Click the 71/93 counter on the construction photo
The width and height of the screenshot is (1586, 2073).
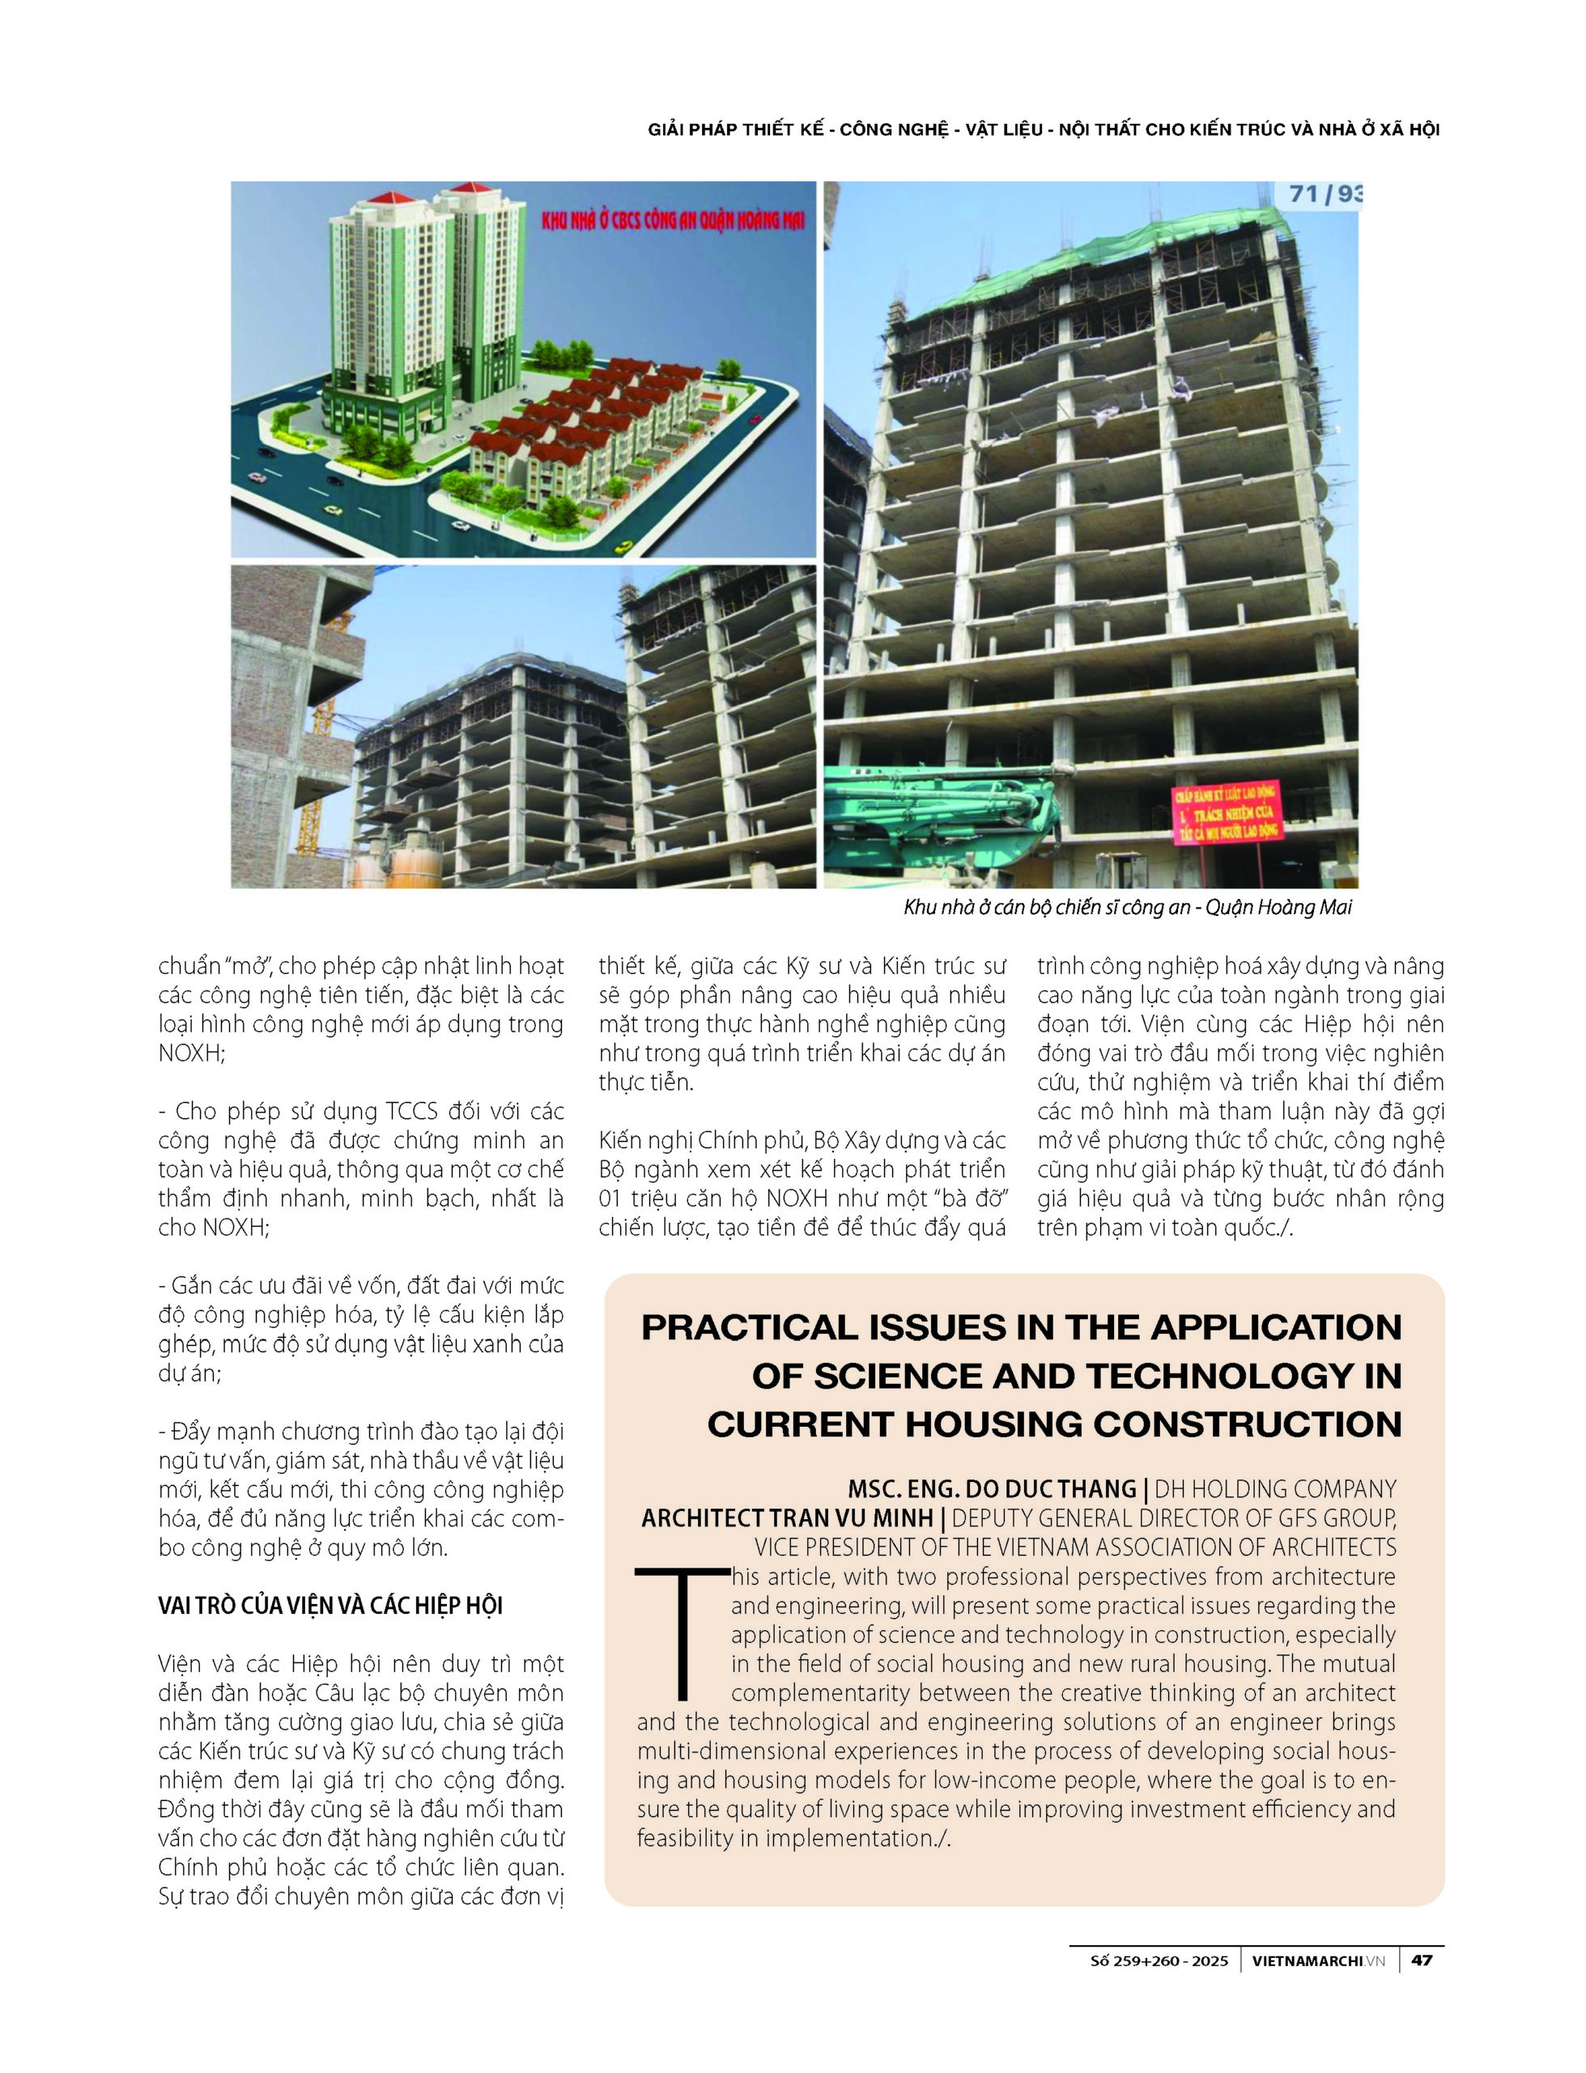(x=1325, y=194)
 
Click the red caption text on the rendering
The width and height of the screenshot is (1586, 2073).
(x=673, y=223)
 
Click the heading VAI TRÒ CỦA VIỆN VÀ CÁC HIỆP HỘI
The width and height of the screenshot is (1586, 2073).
(x=330, y=1606)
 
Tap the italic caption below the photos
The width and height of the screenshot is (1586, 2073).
(x=1127, y=907)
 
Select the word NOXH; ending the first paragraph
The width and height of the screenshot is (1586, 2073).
(x=192, y=1053)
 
